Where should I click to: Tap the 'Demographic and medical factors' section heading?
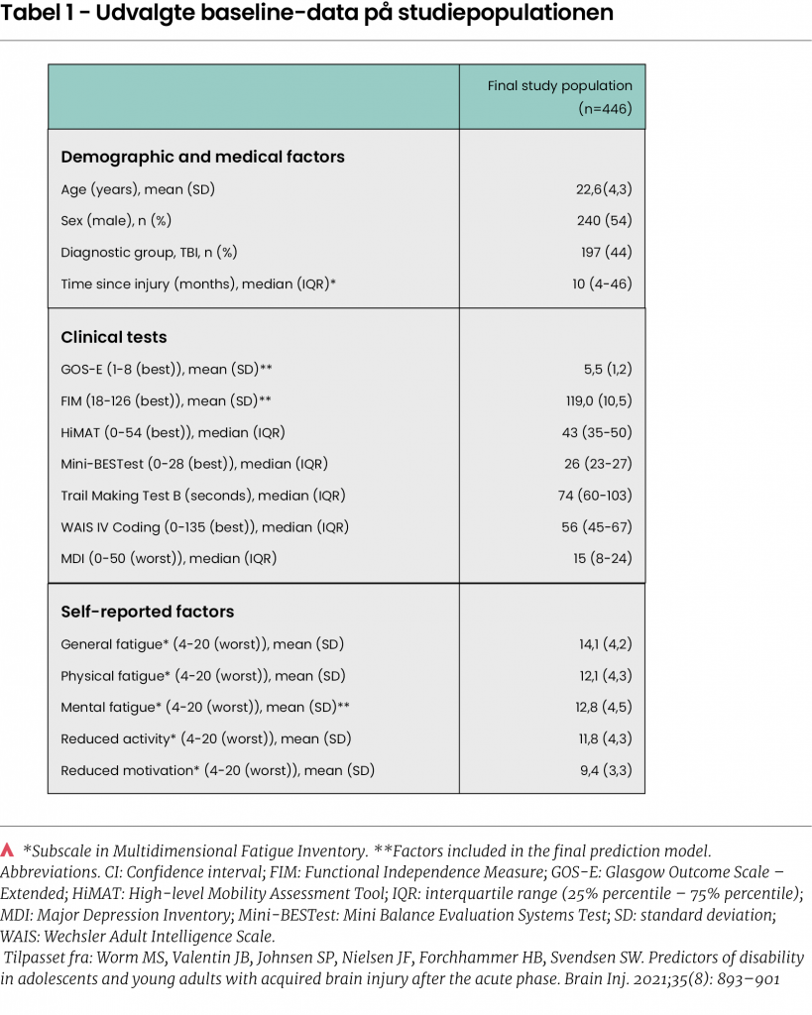pyautogui.click(x=202, y=157)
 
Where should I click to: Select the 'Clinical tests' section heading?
pyautogui.click(x=114, y=337)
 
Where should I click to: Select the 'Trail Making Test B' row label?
pyautogui.click(x=202, y=495)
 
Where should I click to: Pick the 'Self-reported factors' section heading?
pyautogui.click(x=147, y=612)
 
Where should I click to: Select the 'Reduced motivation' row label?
pyautogui.click(x=217, y=770)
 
